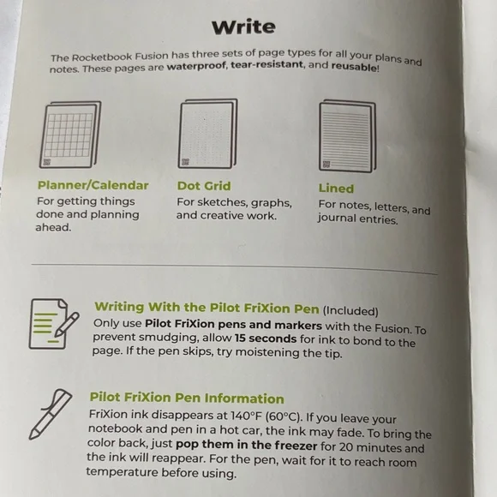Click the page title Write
pyautogui.click(x=243, y=26)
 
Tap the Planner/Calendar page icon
pyautogui.click(x=72, y=136)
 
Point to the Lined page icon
pyautogui.click(x=345, y=137)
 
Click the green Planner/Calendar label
pyautogui.click(x=93, y=185)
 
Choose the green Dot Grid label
pyautogui.click(x=204, y=186)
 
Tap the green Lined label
pyautogui.click(x=335, y=188)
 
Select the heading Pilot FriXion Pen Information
pyautogui.click(x=186, y=398)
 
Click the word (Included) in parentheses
pyautogui.click(x=350, y=311)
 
